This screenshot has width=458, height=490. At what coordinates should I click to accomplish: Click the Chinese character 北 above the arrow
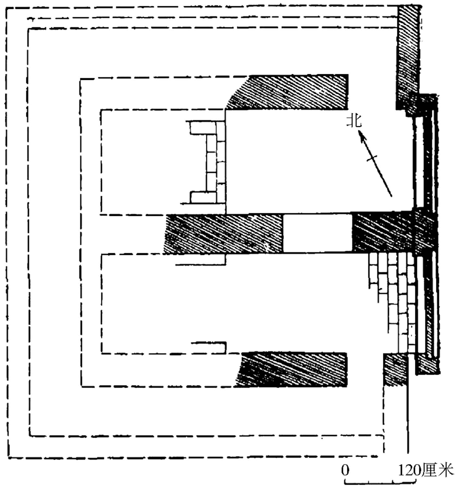tap(354, 121)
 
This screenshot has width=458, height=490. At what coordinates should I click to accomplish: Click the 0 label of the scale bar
tap(345, 470)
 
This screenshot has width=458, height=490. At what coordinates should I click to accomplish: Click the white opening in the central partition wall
tap(317, 233)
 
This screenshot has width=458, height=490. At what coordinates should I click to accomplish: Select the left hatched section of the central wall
tap(225, 233)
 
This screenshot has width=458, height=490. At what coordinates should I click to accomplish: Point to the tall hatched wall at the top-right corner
tap(407, 55)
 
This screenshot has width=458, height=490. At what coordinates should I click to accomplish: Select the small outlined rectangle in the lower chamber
tap(210, 346)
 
